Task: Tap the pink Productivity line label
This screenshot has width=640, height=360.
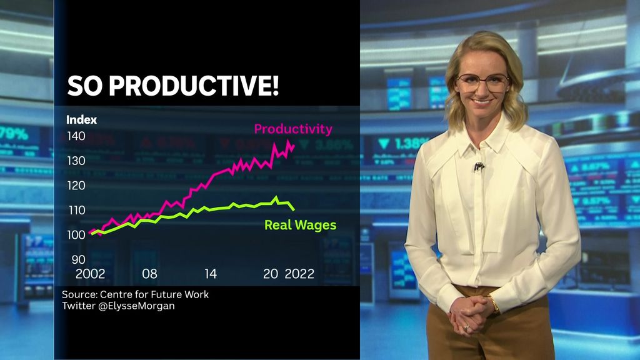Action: pyautogui.click(x=292, y=129)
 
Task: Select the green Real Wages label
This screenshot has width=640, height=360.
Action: pyautogui.click(x=300, y=225)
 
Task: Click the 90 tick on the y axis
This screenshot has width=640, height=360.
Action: pyautogui.click(x=78, y=259)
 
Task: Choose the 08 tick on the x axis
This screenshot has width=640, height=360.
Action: pyautogui.click(x=149, y=274)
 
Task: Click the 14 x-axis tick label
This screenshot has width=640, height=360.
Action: pyautogui.click(x=210, y=274)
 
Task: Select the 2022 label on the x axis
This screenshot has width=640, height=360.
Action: pyautogui.click(x=299, y=274)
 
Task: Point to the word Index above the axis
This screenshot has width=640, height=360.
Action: pyautogui.click(x=82, y=119)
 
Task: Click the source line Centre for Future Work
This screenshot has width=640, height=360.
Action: pyautogui.click(x=135, y=294)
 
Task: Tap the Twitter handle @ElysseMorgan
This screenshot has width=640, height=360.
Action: pyautogui.click(x=118, y=306)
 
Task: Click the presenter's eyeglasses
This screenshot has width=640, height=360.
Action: pyautogui.click(x=482, y=82)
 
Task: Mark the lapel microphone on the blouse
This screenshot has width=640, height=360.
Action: pyautogui.click(x=479, y=166)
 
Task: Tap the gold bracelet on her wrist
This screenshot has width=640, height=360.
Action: pyautogui.click(x=495, y=304)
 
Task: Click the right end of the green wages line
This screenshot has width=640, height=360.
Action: pyautogui.click(x=294, y=209)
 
